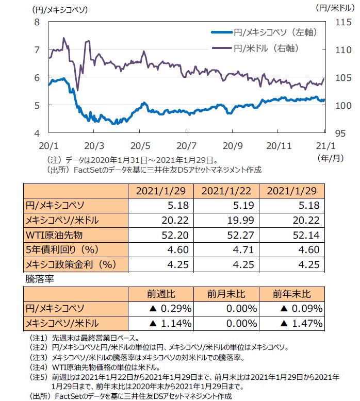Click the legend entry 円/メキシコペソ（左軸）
[274, 32]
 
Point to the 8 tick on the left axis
[37, 22]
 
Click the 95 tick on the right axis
[341, 133]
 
